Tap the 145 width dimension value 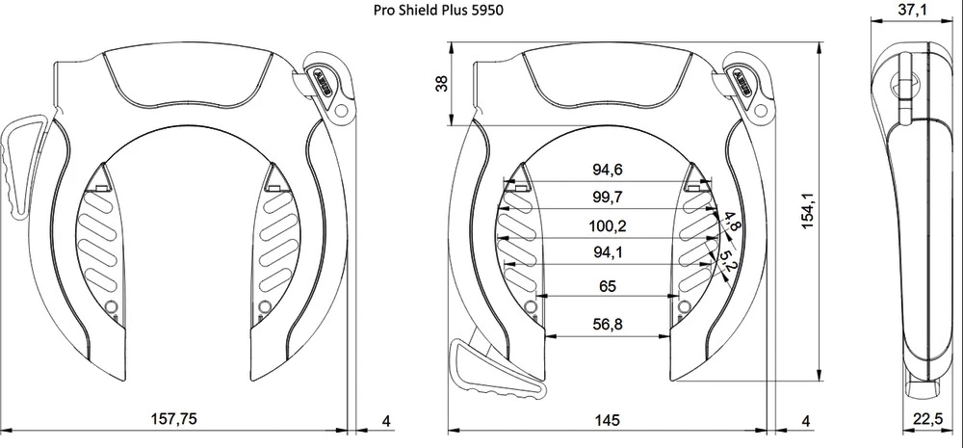point(607,420)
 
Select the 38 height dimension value point(442,84)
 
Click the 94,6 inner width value point(608,171)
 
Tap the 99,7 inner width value point(608,198)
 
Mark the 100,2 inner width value point(608,227)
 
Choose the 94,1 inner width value point(608,255)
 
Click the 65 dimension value point(608,286)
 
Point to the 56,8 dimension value point(608,325)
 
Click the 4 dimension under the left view point(386,420)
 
